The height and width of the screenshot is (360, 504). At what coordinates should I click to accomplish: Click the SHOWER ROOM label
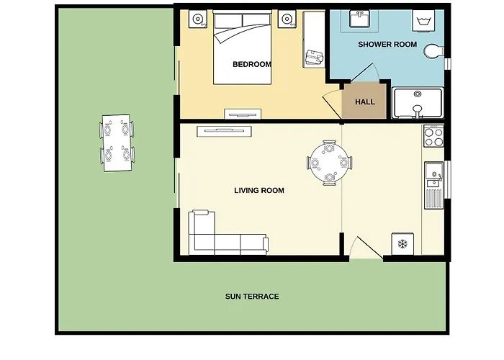click(x=387, y=45)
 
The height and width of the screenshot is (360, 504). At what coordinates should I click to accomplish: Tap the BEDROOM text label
click(x=252, y=64)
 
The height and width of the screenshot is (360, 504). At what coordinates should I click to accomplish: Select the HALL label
click(x=365, y=102)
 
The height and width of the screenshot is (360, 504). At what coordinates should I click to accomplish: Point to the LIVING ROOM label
click(x=259, y=190)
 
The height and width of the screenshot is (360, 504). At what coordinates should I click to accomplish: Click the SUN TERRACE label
click(x=252, y=297)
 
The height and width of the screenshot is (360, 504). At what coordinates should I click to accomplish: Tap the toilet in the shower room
click(x=434, y=51)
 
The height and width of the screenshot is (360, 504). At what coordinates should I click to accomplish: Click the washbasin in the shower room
click(x=360, y=19)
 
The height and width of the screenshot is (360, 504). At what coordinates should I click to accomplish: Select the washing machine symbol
click(x=423, y=21)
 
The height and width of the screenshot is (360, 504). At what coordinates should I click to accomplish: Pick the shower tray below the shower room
click(x=418, y=102)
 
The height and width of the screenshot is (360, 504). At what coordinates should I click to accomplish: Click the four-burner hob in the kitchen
click(x=433, y=136)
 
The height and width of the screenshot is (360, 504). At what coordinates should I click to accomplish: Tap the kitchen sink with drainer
click(x=433, y=186)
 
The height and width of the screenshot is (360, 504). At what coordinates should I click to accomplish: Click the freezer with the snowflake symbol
click(x=402, y=244)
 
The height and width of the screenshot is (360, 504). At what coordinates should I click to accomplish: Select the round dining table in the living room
click(x=330, y=163)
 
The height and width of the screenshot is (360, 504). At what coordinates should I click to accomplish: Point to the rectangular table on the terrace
click(x=117, y=143)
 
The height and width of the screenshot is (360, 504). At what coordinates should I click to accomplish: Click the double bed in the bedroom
click(x=243, y=48)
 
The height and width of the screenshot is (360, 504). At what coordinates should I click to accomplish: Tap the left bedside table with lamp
click(x=198, y=19)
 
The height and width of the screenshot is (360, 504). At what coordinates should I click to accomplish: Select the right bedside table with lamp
click(x=287, y=19)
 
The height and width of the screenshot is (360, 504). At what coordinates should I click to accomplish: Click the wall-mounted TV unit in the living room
click(x=224, y=131)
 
